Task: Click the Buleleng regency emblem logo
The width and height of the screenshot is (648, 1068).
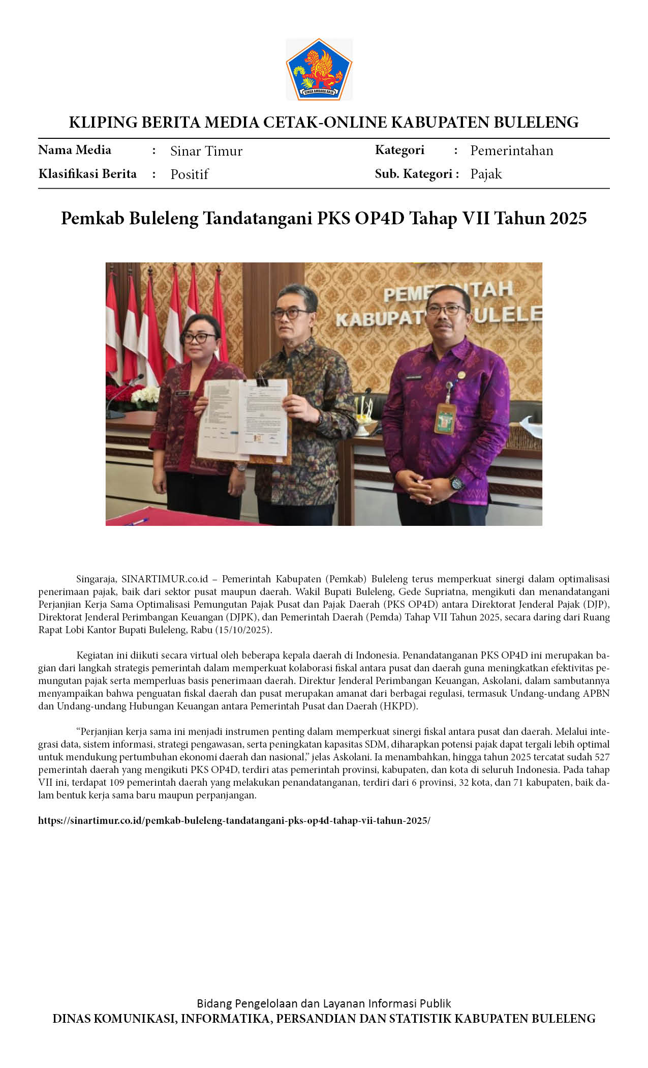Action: (x=319, y=69)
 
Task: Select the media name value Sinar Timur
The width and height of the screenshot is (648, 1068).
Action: (x=206, y=151)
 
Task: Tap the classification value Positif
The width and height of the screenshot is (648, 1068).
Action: (x=189, y=174)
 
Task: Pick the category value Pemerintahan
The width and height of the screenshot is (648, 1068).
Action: (x=511, y=151)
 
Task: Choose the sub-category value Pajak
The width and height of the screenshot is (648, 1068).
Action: (x=486, y=174)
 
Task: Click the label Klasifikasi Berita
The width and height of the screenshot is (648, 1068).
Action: (x=87, y=174)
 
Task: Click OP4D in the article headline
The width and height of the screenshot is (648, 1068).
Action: (x=380, y=218)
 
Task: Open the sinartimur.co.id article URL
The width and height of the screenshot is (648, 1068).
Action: (x=234, y=820)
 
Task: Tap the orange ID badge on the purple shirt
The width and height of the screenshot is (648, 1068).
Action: (x=445, y=418)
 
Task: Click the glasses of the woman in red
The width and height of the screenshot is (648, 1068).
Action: (x=199, y=337)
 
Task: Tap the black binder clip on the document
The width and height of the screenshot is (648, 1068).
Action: (x=262, y=379)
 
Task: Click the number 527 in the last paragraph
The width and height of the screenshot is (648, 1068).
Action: (x=602, y=757)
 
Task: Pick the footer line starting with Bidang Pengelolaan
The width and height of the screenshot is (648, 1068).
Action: (x=324, y=1003)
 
